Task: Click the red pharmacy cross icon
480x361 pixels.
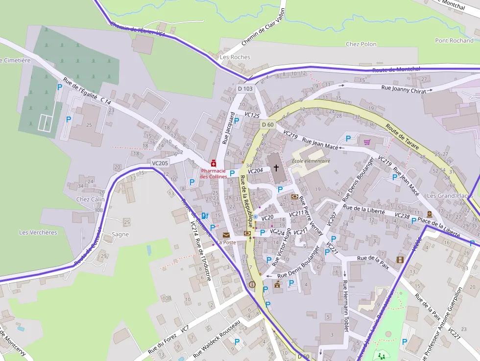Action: (213, 163)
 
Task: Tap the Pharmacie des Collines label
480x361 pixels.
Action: (213, 173)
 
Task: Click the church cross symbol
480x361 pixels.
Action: (276, 168)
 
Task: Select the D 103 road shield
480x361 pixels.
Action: (245, 89)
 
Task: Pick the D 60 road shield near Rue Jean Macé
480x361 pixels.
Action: (267, 124)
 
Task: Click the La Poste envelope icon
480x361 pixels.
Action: (226, 235)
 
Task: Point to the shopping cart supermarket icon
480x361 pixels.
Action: (367, 142)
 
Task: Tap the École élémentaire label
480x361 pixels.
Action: (311, 161)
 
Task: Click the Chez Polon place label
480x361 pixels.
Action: (361, 44)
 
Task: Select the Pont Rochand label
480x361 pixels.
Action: (454, 41)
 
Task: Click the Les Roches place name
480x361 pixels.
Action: (235, 57)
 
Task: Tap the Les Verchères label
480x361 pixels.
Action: (38, 232)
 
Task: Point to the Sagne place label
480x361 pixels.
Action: (120, 234)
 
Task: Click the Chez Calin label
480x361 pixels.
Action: (91, 199)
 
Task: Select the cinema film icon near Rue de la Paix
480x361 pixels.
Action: (400, 260)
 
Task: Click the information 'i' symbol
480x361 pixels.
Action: (252, 284)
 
